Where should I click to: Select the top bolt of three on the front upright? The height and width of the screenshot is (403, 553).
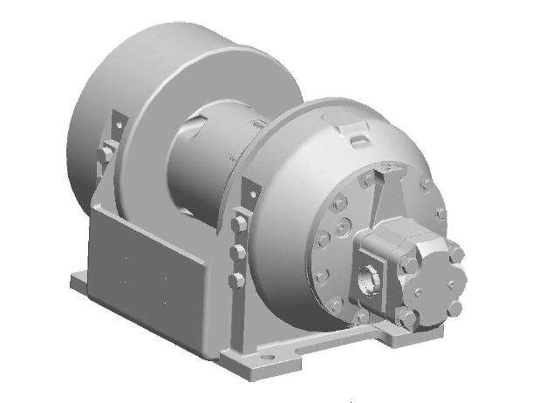238,224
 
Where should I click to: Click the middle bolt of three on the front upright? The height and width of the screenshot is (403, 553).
236,253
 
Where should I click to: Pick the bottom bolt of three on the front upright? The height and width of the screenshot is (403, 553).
235,280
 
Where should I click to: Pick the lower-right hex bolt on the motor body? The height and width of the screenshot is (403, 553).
453,308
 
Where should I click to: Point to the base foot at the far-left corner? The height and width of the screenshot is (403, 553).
80,281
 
